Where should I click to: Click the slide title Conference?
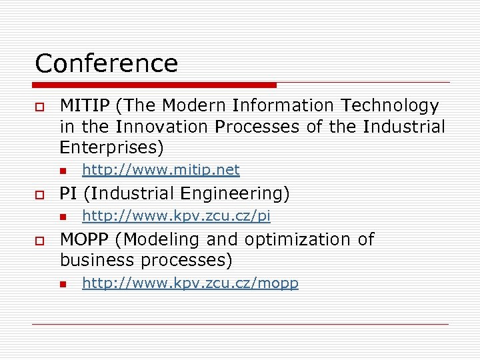coord(107,63)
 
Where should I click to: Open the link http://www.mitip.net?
coord(160,170)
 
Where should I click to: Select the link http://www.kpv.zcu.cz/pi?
coord(176,215)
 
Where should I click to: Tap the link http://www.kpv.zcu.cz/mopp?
coord(190,283)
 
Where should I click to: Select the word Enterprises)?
coord(111,147)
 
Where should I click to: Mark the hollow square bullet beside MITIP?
coord(39,107)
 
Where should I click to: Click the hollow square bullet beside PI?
coord(39,195)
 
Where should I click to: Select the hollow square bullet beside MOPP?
coord(39,240)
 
